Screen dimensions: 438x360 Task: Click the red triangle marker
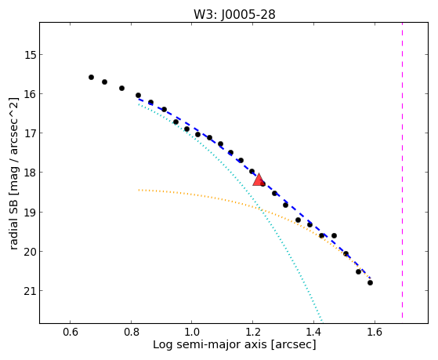(259, 180)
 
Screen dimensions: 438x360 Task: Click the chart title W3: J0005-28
(234, 14)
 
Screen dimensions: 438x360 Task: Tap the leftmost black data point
(91, 77)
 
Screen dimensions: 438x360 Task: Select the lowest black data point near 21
(370, 283)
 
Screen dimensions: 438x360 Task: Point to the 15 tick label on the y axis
(31, 55)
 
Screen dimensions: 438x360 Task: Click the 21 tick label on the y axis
(31, 291)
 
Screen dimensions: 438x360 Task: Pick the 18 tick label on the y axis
(31, 173)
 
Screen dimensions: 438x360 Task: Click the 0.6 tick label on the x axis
(70, 332)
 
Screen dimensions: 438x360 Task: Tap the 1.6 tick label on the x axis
(375, 332)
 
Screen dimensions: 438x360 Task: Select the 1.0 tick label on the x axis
(192, 332)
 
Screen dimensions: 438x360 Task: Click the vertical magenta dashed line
(402, 170)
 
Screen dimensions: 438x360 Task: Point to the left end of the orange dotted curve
(139, 190)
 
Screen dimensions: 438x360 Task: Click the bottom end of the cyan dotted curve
(322, 321)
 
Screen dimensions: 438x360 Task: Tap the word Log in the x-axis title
(162, 345)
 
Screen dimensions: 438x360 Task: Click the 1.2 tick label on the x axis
(252, 332)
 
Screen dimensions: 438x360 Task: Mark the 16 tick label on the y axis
(31, 94)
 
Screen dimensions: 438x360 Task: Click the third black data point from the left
(121, 88)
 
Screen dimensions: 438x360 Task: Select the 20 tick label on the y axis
(31, 252)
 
